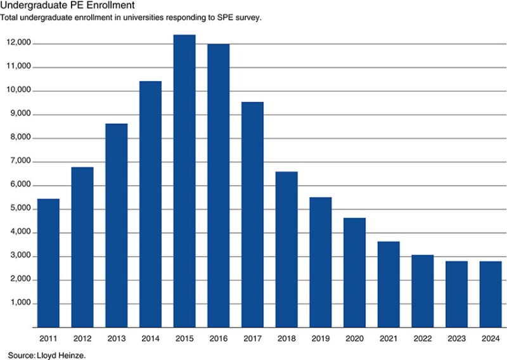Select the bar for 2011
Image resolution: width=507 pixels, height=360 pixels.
[x=48, y=263]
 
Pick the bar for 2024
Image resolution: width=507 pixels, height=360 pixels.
[x=491, y=294]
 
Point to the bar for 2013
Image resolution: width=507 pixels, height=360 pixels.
[x=116, y=225]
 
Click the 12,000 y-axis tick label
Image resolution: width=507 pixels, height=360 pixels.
[x=19, y=43]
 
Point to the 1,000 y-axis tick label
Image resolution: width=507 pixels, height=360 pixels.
[x=21, y=304]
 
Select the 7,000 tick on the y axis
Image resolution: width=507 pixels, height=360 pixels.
[x=21, y=162]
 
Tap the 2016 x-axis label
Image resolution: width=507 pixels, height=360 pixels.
[x=218, y=338]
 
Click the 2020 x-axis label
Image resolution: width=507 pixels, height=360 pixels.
[x=354, y=338]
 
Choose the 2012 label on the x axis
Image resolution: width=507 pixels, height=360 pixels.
[x=82, y=338]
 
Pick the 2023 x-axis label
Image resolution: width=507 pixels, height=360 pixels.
[x=456, y=338]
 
